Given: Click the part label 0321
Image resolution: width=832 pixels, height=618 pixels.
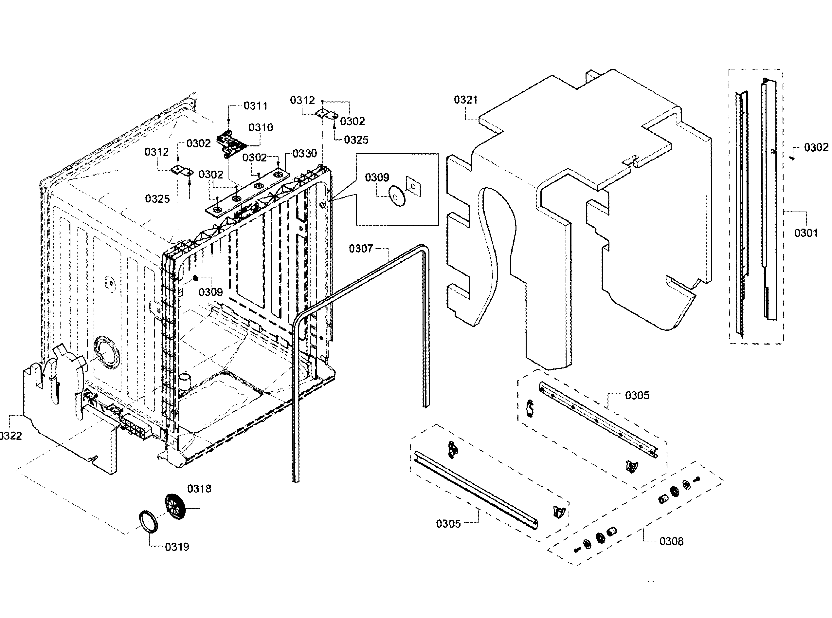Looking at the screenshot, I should [x=465, y=100].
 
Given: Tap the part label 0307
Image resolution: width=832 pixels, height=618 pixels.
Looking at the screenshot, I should [x=361, y=249].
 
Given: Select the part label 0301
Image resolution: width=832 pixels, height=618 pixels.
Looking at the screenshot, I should [x=806, y=233].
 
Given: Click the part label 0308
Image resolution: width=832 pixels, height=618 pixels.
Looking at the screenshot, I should [x=671, y=541].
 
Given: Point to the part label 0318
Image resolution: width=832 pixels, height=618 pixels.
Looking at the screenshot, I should [x=199, y=489].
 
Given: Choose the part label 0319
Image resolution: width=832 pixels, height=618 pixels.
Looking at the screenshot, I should [x=177, y=547].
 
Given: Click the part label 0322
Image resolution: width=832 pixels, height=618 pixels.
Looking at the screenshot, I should [x=10, y=436].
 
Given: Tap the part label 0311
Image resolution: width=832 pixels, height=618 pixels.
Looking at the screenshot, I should [x=256, y=106].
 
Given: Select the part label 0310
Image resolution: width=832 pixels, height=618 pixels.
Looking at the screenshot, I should [x=261, y=128].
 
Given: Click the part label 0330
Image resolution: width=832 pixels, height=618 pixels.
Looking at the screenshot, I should [x=305, y=153].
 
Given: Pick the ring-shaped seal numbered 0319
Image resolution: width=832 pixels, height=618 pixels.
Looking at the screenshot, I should [x=148, y=521].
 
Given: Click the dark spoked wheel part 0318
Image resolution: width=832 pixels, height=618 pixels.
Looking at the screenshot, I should [x=175, y=506].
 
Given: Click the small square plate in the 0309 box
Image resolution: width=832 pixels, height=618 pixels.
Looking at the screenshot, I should [x=413, y=186].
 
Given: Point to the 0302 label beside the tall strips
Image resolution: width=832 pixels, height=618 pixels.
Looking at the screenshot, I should [x=816, y=147].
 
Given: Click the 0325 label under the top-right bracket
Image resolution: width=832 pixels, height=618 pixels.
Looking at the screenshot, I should [x=356, y=140].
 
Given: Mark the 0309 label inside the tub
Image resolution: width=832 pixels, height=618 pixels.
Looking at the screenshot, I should [x=210, y=292].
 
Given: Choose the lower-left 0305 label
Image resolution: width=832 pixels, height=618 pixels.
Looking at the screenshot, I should [x=448, y=524].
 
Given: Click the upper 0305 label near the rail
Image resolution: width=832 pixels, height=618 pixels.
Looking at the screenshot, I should [x=637, y=395].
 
